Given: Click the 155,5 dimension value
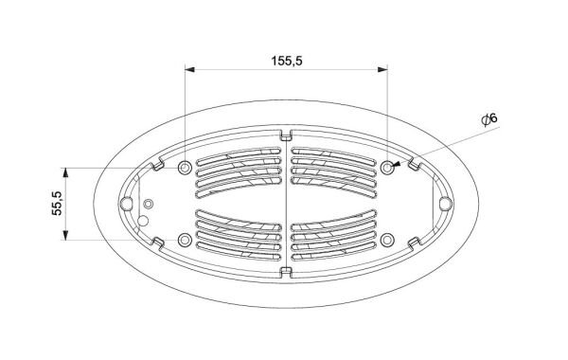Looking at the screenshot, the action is pos(287,61).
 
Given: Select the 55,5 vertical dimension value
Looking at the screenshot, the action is pos(57,204).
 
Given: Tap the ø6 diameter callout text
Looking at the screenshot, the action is pos(489,119).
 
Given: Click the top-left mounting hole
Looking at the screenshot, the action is pos(185,168).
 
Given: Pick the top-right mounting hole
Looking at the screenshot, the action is pos(387,168).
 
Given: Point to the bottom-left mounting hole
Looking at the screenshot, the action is pos(185,240).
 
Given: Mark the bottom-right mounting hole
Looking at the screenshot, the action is pos(387,240).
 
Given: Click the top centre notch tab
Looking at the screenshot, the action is pos(286,135).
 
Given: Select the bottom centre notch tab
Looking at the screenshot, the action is pos(286,272).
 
